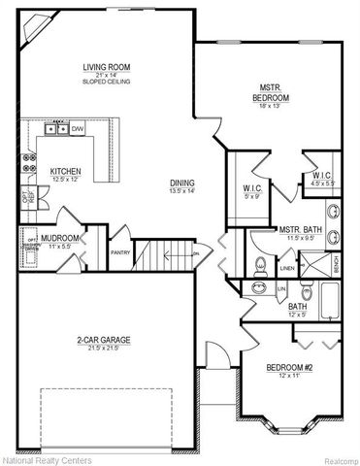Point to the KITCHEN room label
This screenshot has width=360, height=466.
(64, 172)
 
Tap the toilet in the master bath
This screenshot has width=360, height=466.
(258, 264)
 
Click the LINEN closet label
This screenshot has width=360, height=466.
(287, 268)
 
